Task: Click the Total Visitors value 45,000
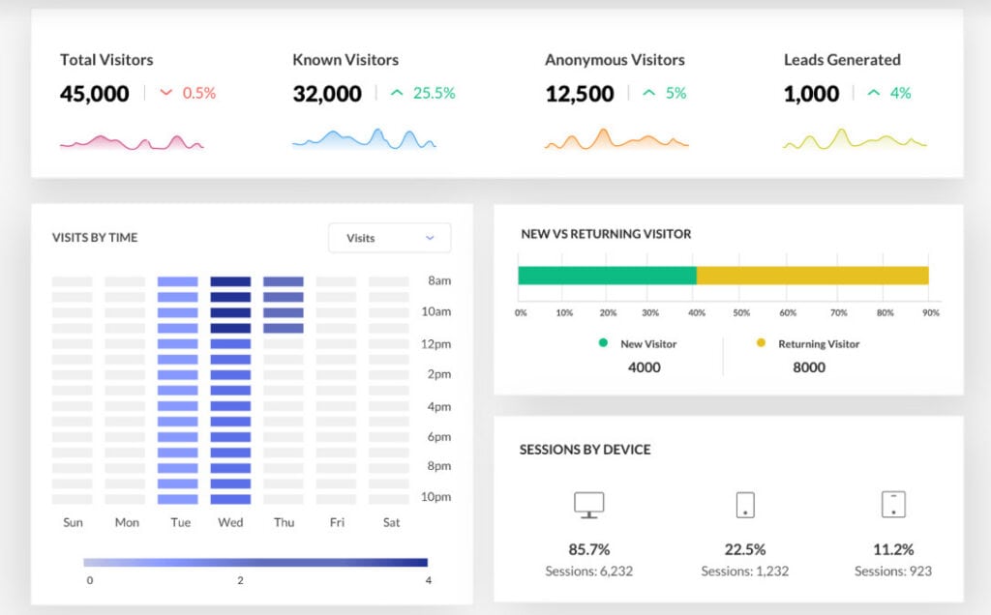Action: (94, 94)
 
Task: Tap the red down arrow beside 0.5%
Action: (166, 93)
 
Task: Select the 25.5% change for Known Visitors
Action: (435, 93)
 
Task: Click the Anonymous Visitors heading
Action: (615, 59)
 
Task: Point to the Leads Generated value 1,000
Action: (812, 94)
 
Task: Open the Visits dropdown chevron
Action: (430, 238)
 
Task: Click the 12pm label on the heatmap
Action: (436, 344)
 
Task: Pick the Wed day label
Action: (230, 522)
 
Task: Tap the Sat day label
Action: (391, 522)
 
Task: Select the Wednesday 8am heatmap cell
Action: (230, 281)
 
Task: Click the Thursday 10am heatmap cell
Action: (284, 312)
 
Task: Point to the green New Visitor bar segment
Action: (608, 276)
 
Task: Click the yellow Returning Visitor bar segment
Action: (813, 276)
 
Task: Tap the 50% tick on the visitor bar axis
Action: (741, 312)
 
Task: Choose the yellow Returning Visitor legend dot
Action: (761, 343)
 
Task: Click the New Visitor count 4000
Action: (644, 366)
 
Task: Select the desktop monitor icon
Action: (589, 505)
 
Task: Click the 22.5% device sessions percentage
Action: (745, 549)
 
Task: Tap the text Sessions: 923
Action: (893, 571)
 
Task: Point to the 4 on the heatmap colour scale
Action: (429, 580)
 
